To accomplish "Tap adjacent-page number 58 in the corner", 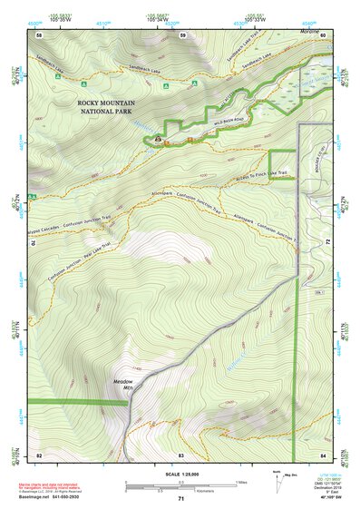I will coord(39,34).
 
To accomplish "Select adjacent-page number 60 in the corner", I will coord(322,34).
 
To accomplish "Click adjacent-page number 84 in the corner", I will coord(322,455).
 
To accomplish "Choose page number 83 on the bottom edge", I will coord(180,455).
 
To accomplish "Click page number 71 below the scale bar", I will coord(180,499).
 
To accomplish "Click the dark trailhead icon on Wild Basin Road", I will coord(159,140).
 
